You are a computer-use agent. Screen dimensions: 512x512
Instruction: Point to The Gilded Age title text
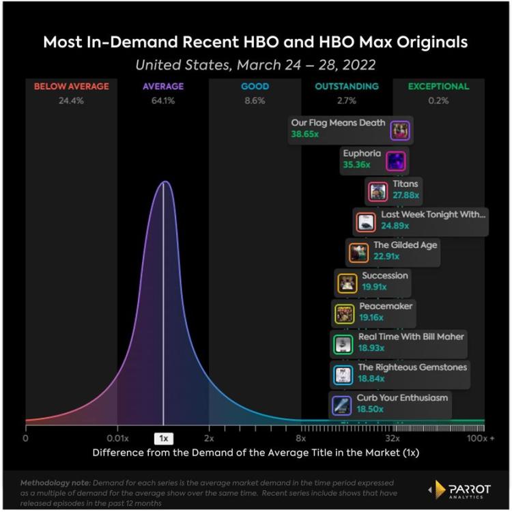[405, 244]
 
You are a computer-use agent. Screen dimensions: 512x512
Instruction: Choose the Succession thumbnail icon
[347, 283]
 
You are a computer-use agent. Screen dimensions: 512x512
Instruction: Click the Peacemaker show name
[386, 306]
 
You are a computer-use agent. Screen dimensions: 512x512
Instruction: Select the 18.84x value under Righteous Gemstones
[371, 378]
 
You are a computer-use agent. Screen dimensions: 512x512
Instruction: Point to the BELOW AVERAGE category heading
[71, 87]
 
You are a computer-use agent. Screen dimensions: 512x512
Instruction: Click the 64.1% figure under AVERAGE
[162, 101]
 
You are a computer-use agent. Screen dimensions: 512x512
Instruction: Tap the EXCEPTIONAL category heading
[438, 87]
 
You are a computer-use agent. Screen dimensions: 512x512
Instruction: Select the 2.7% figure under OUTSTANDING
[347, 101]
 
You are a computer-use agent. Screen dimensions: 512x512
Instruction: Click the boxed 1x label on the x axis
[164, 438]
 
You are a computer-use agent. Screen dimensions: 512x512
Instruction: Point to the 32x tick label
[393, 438]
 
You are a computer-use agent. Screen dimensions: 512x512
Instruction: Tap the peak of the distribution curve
[164, 182]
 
